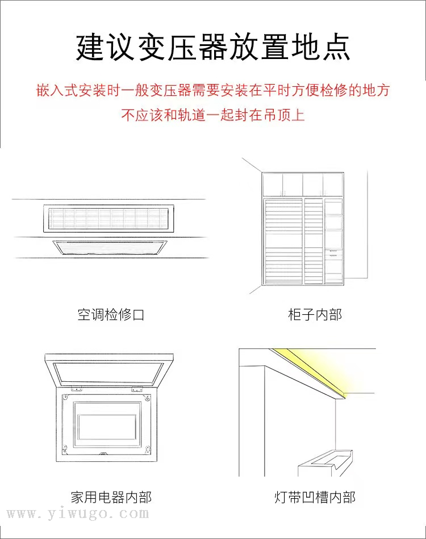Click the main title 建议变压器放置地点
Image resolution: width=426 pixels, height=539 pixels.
(213, 47)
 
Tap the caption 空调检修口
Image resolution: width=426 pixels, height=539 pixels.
(111, 314)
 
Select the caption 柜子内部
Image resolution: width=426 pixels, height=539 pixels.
(315, 314)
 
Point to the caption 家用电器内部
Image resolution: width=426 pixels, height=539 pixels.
(111, 498)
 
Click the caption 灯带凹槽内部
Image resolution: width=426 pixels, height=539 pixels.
(315, 498)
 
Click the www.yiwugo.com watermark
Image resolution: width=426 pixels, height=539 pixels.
(78, 513)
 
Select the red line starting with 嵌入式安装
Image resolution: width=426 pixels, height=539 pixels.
(213, 90)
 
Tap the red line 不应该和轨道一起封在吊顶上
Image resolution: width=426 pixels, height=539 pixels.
(213, 115)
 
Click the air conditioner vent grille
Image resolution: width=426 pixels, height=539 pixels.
(108, 218)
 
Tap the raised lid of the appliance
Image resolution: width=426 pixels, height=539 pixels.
(110, 369)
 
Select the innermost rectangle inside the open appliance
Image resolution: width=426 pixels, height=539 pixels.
(107, 427)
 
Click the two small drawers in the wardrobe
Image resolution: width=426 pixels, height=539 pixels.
(333, 254)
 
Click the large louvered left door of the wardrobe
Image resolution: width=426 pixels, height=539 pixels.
(283, 241)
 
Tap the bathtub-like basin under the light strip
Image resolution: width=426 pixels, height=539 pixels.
(325, 462)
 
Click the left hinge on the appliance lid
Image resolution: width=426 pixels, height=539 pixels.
(77, 389)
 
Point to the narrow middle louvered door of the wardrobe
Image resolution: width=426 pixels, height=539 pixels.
(314, 241)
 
